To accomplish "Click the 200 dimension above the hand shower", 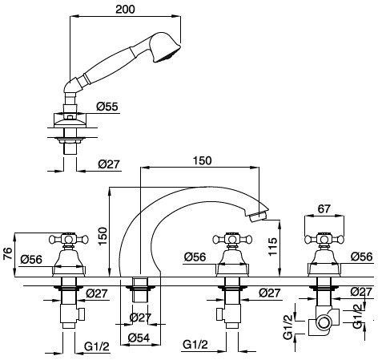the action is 125,9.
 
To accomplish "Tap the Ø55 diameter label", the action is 107,107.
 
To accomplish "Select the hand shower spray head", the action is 164,47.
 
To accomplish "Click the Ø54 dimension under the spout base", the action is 139,338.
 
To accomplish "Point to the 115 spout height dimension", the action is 273,247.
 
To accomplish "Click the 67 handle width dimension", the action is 324,208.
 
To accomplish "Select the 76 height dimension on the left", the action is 8,254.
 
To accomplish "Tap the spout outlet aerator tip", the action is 259,216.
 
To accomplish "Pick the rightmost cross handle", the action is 324,239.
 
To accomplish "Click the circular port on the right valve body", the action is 324,322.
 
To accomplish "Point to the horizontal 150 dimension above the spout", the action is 202,160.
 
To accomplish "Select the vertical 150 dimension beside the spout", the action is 103,236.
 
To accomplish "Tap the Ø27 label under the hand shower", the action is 109,164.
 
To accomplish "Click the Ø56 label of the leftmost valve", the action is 31,259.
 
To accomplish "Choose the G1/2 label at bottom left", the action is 97,346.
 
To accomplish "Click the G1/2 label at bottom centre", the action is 195,345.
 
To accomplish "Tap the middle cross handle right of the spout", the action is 232,239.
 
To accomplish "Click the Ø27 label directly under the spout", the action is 140,318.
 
